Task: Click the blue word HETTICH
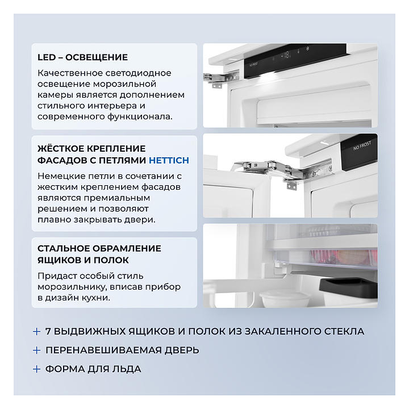pyautogui.click(x=169, y=160)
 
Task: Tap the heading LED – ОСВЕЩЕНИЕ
pyautogui.click(x=83, y=57)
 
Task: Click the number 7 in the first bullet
pyautogui.click(x=48, y=331)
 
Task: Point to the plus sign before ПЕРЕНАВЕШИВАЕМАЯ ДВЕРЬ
pyautogui.click(x=37, y=350)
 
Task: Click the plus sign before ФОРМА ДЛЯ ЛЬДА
pyautogui.click(x=37, y=369)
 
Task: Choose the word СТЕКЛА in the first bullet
pyautogui.click(x=344, y=331)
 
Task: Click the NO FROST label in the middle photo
pyautogui.click(x=362, y=146)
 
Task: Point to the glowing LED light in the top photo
pyautogui.click(x=269, y=76)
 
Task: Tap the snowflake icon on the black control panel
pyautogui.click(x=308, y=48)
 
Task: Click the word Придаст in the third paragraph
pyautogui.click(x=57, y=276)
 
